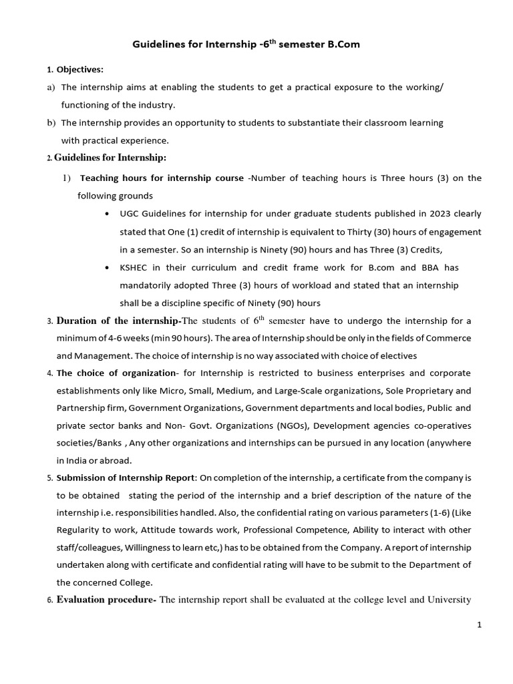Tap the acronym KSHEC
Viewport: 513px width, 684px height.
(134, 267)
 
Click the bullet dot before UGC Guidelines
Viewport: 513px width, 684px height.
(108, 214)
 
